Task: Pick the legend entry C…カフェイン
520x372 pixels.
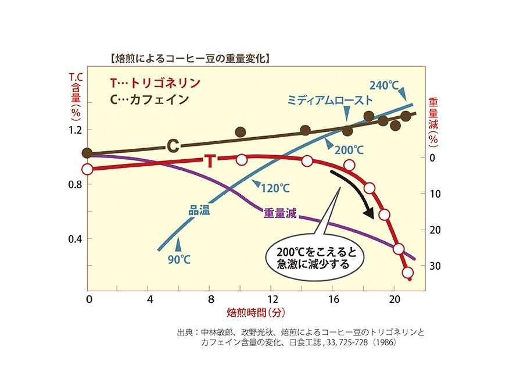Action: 149,99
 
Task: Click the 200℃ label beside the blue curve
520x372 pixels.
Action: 349,150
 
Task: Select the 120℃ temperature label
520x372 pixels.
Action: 275,188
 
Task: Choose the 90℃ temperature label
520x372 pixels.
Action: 179,259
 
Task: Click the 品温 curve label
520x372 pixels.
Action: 199,210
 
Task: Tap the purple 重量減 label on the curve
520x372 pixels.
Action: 280,213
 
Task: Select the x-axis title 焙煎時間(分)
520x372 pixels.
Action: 256,312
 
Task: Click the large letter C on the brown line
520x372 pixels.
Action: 173,145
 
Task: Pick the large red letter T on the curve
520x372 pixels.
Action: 210,161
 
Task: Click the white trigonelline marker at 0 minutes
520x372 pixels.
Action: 87,169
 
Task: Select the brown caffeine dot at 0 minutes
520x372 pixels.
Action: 87,153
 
